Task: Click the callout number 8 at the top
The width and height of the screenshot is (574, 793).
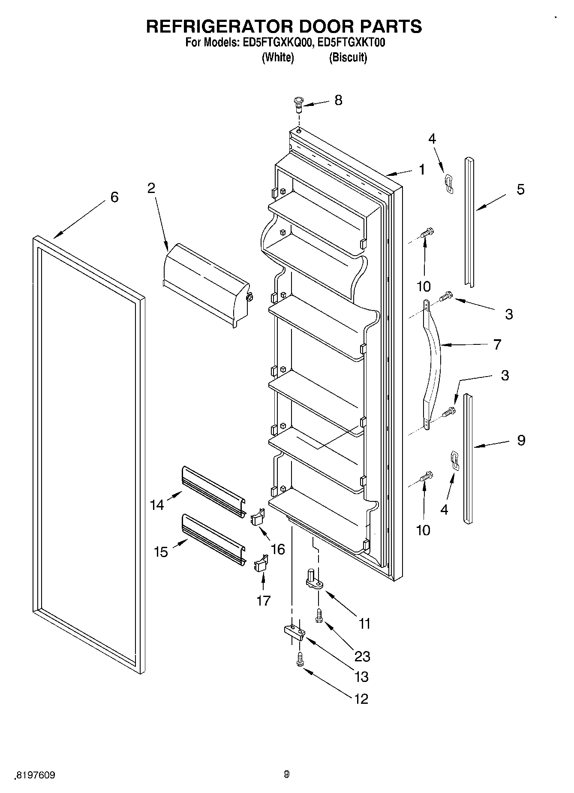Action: coord(338,100)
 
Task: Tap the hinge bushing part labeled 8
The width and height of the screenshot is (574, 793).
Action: coord(298,103)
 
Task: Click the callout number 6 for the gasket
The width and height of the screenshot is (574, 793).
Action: coord(114,197)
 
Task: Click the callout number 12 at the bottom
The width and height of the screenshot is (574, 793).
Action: coord(361,699)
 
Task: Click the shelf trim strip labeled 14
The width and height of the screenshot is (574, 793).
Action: coord(213,491)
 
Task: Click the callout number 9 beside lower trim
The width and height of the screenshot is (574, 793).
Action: coord(521,440)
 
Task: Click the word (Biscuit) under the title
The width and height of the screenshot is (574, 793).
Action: coord(348,57)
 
